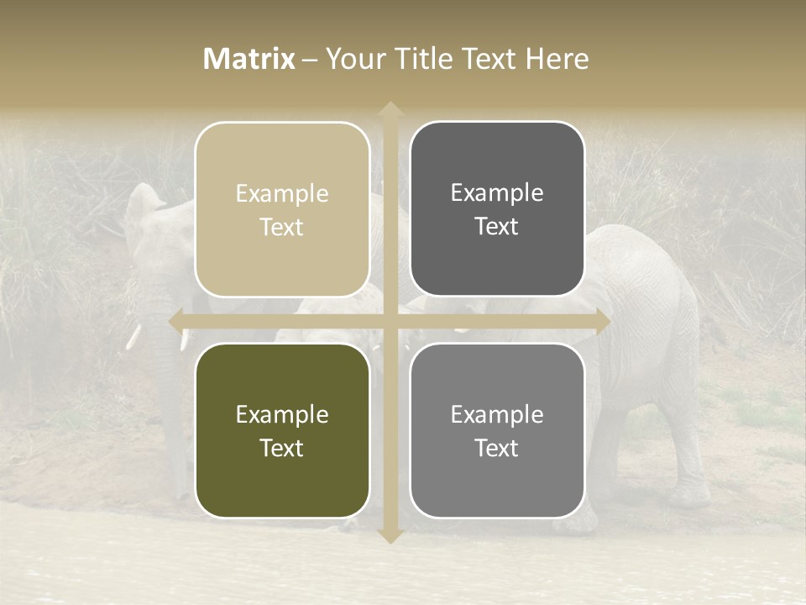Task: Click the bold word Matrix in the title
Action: pos(249,59)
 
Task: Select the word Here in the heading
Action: pos(557,59)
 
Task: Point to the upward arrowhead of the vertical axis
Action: pos(390,109)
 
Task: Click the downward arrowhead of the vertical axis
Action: pos(390,535)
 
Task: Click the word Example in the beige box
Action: pos(282,194)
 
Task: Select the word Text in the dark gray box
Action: pos(497,227)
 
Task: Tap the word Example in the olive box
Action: pos(282,415)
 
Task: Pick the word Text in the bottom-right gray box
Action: pos(497,449)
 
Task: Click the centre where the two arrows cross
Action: pos(390,321)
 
